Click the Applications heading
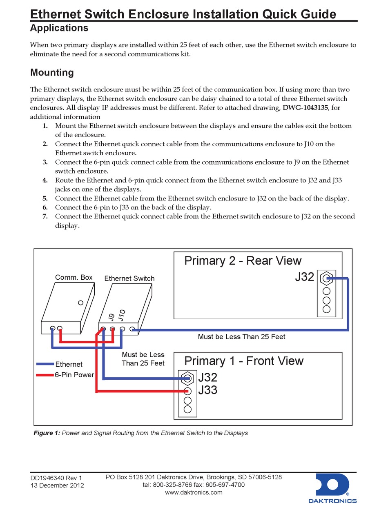[59, 28]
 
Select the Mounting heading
[52, 73]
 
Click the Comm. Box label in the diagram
[74, 278]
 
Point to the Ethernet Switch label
[129, 278]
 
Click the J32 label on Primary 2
[304, 277]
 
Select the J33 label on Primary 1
[207, 390]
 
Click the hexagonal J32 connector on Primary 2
[326, 279]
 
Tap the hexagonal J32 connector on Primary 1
[187, 378]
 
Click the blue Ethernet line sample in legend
[45, 364]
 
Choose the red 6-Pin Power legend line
[45, 375]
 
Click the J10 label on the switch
[121, 315]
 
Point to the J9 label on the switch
[110, 317]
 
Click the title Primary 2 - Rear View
[243, 260]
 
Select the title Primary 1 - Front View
[244, 361]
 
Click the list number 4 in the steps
[45, 180]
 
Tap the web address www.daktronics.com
[194, 492]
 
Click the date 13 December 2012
[57, 485]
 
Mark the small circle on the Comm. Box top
[80, 303]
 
